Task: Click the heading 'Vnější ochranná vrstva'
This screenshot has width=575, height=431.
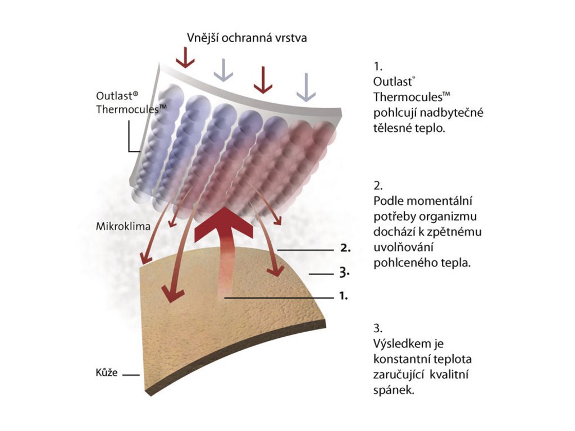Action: (x=247, y=38)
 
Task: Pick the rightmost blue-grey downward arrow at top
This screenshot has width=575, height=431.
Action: (x=306, y=88)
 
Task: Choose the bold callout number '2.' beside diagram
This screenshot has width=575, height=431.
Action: (x=345, y=247)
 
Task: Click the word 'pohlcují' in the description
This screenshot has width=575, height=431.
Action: (x=394, y=113)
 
